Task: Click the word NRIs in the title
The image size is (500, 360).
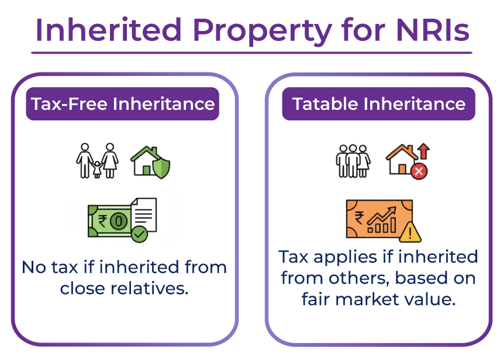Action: point(432,30)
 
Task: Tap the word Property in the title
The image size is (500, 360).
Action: point(263,33)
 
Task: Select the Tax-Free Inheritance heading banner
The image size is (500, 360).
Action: point(122,104)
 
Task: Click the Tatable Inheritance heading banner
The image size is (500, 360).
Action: point(378,104)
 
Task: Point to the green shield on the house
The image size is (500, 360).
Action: point(161,167)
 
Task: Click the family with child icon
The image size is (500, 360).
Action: point(97,161)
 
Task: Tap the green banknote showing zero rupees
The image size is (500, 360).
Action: point(109,221)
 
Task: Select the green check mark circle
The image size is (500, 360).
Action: point(139,234)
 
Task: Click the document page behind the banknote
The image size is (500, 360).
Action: point(144,214)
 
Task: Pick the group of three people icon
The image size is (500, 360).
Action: point(353,161)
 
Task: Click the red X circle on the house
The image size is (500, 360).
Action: point(419,171)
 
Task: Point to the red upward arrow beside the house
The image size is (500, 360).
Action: point(423,151)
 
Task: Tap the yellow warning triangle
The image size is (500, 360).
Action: point(410,232)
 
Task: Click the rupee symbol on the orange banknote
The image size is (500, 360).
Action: point(359,218)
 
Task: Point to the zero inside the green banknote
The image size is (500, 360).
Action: point(119,221)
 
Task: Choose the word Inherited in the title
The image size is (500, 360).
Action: point(109,30)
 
